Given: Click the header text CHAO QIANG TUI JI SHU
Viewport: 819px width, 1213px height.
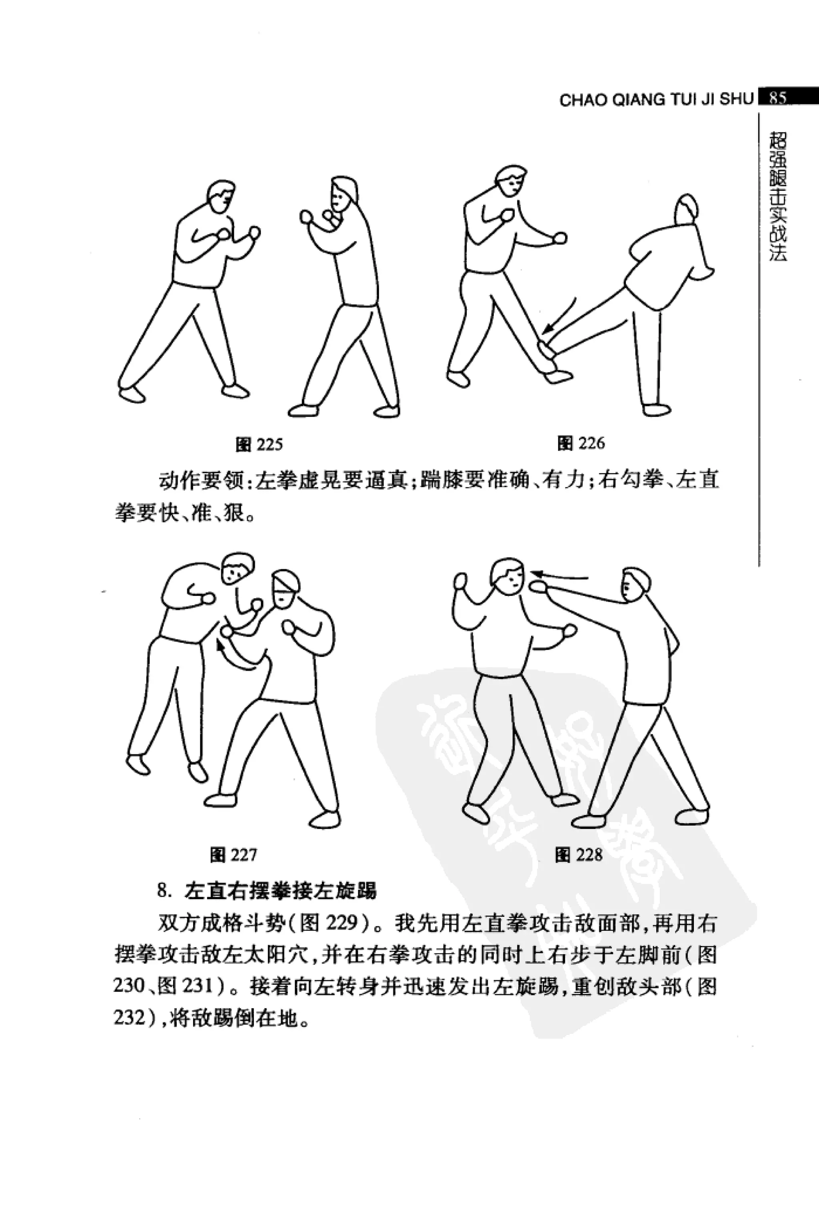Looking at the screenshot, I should [x=656, y=100].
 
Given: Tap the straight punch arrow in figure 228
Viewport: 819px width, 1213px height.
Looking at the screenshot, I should [x=560, y=576].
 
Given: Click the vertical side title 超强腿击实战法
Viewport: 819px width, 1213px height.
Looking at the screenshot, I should [x=777, y=196].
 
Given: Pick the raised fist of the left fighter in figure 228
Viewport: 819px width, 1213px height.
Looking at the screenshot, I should [x=461, y=581].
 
